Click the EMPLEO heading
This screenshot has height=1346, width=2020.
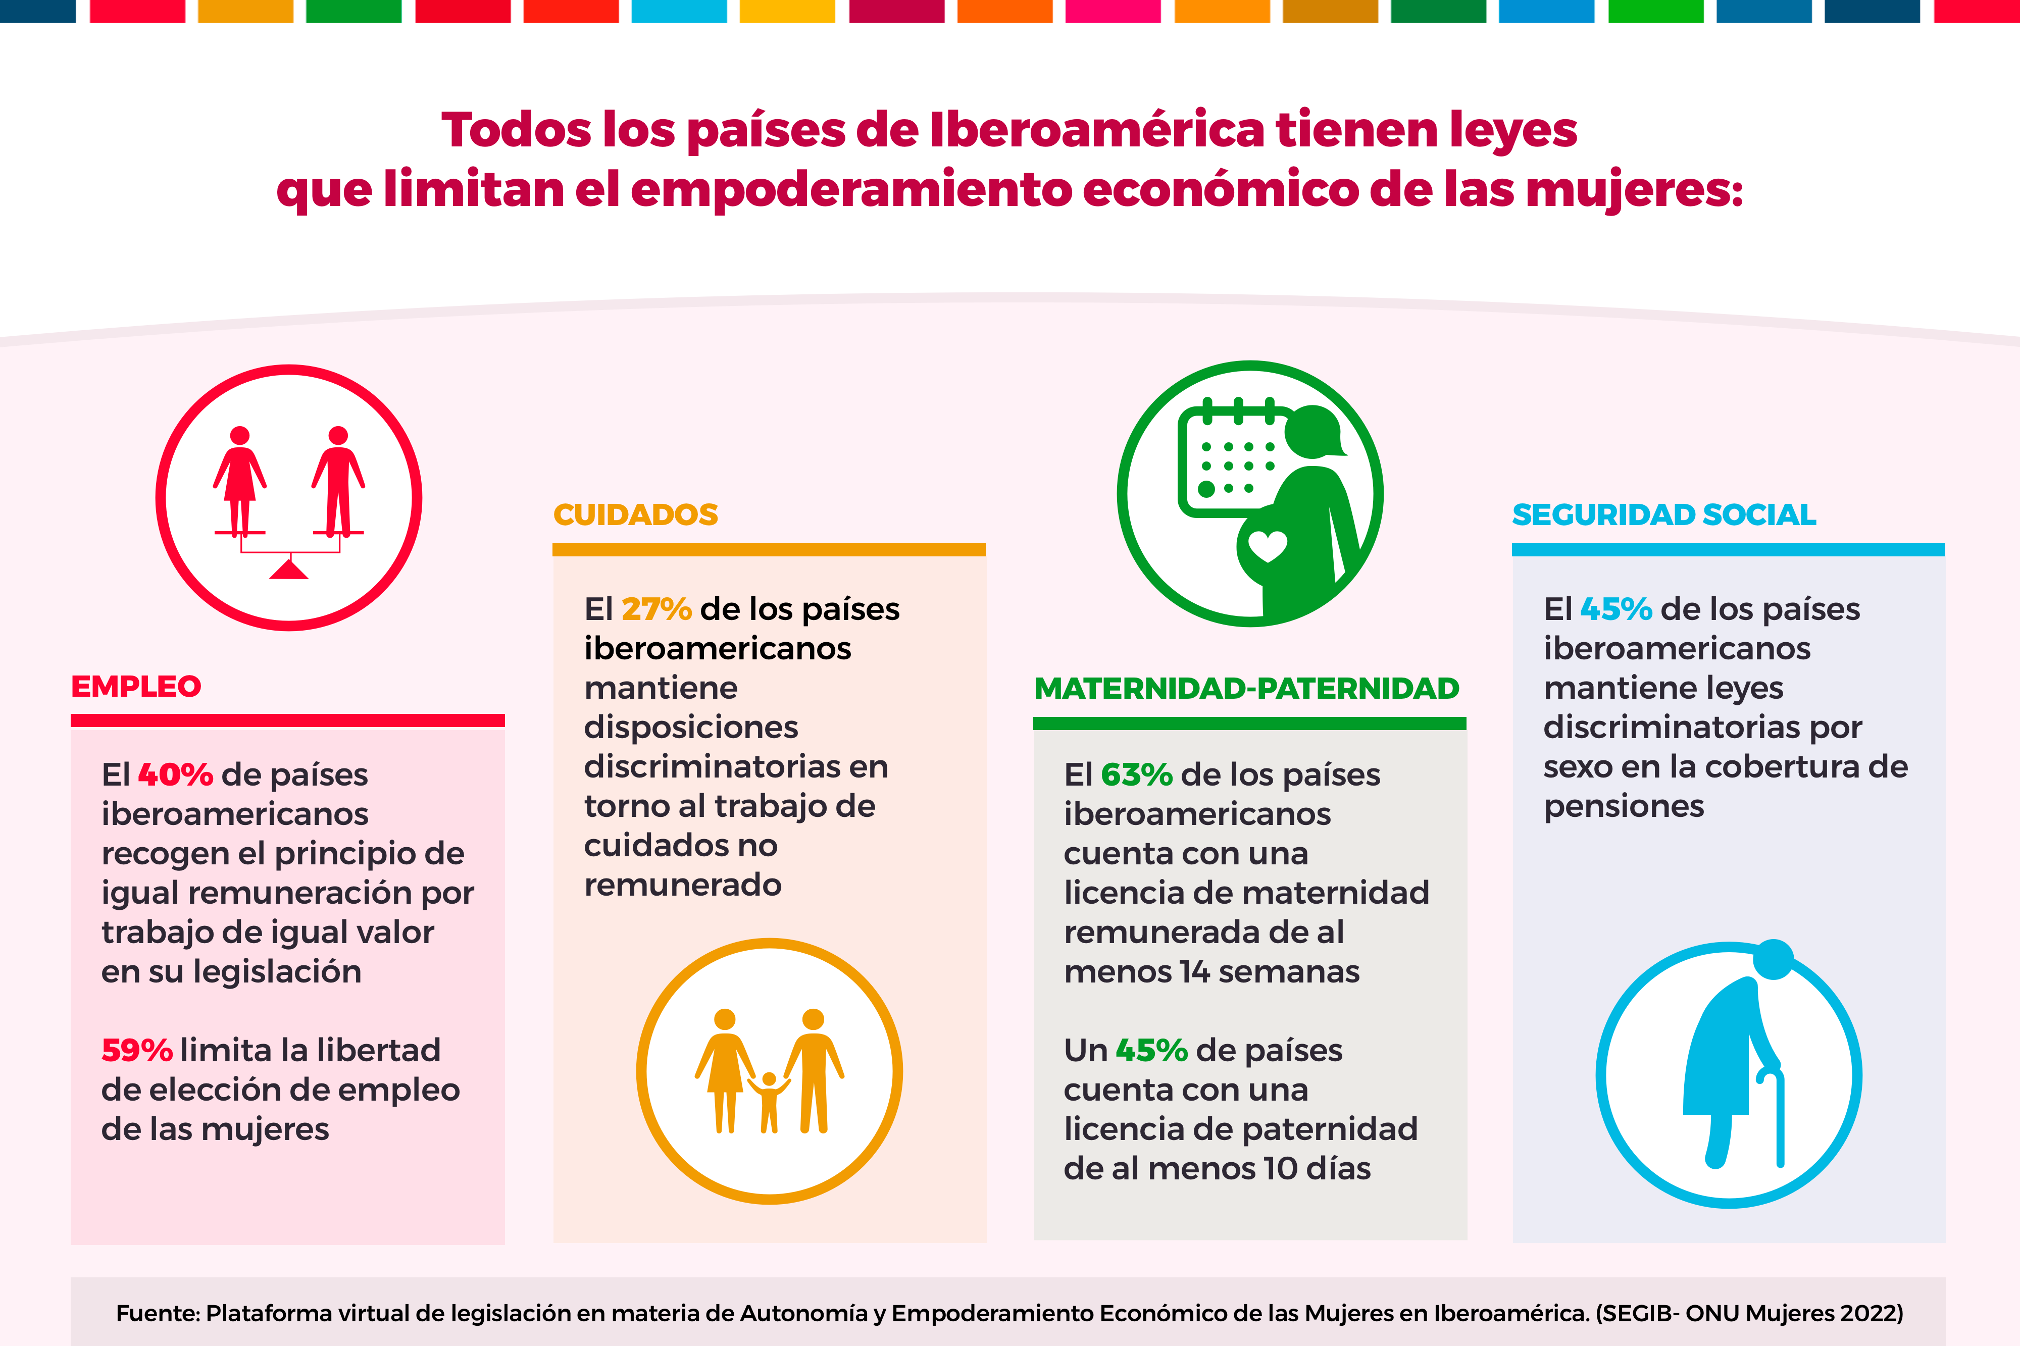(136, 687)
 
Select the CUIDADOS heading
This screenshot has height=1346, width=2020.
(635, 515)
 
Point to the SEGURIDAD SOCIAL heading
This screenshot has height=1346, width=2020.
(1664, 515)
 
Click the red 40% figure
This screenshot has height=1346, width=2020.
(175, 775)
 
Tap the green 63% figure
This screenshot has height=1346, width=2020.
(1137, 775)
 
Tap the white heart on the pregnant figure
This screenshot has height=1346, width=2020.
(1267, 546)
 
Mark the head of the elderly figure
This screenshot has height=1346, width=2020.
(1773, 959)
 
